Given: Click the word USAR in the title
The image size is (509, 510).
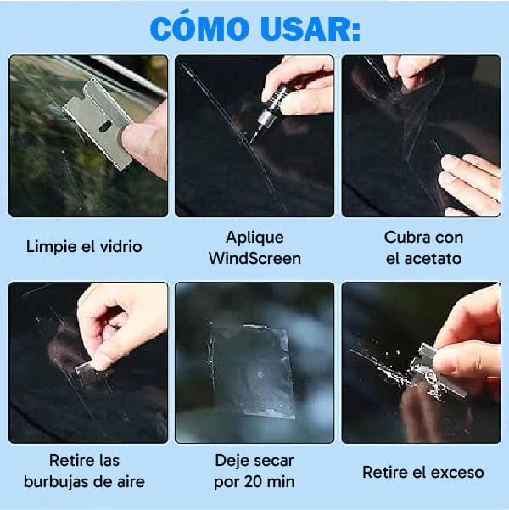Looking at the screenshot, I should point(311,27).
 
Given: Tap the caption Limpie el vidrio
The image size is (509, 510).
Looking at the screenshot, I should point(84,247).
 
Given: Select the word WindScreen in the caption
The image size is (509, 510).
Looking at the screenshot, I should point(255,258).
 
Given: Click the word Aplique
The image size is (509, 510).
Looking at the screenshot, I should point(255,238).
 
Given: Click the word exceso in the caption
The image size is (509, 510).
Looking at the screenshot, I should point(451,472).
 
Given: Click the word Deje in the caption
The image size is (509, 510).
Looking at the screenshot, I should point(232,462).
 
